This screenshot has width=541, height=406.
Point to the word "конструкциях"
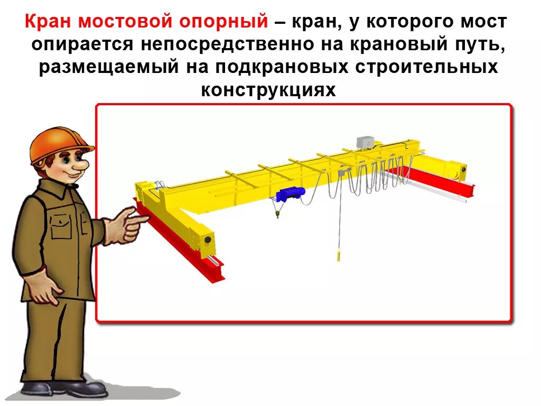coord(268,90)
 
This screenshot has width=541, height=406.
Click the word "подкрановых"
coord(286,68)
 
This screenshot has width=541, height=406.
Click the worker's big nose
coord(80,165)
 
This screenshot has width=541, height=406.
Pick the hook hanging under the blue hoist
coord(276,214)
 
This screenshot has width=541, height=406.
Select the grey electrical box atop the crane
coord(365,142)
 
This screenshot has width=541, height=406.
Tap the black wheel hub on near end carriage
coord(208,240)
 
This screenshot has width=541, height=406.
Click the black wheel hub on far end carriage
coord(463,170)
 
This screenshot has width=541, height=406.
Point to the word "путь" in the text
coord(478,45)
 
